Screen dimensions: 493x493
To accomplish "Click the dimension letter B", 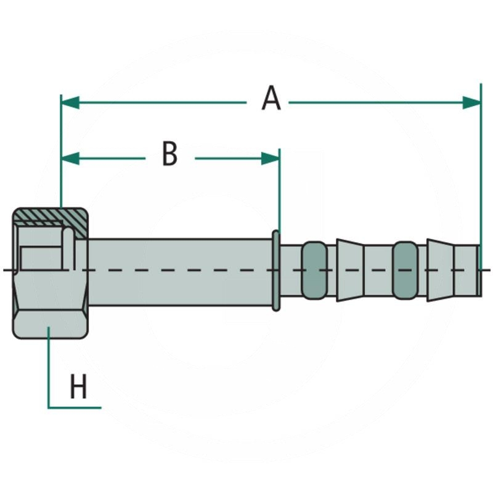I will point(169,154).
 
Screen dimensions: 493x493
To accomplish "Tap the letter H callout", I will point(78,388).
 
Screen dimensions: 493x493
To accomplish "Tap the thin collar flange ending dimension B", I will point(275,270).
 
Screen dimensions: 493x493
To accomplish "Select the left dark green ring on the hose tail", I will point(314,270).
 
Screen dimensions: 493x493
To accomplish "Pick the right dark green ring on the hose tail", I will point(405,270).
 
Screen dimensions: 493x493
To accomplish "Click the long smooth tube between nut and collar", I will point(179,270).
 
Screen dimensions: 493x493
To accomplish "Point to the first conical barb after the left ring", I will point(349,270).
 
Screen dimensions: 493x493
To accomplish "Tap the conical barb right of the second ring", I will point(440,270).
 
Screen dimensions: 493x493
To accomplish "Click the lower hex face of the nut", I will point(49,323).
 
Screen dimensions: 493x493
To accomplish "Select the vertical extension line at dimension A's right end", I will point(481,173).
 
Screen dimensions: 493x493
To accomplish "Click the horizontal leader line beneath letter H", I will point(74,407).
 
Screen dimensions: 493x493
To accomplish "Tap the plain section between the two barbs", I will point(378,270).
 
